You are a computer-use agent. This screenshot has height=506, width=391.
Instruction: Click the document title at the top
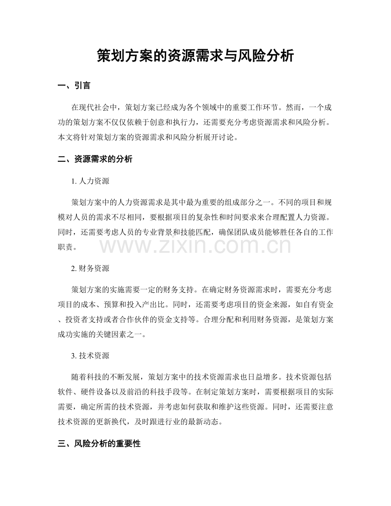[195, 55]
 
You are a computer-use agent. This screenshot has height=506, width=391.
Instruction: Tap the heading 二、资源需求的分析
[95, 159]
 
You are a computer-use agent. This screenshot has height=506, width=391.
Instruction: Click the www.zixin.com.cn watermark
[195, 246]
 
